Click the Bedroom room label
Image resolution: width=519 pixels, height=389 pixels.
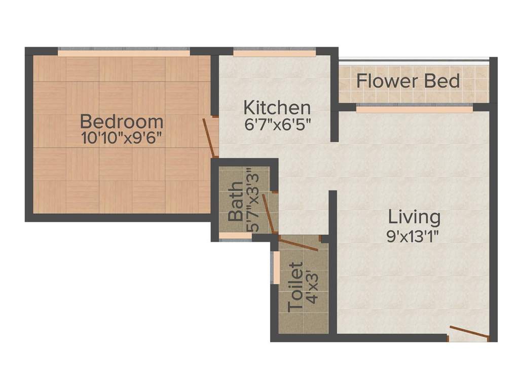tap(122, 122)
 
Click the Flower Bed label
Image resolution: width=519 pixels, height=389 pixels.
tap(408, 81)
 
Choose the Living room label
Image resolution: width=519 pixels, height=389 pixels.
tap(414, 217)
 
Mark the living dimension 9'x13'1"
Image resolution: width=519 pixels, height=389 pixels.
tap(413, 237)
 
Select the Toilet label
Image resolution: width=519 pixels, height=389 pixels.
tap(295, 287)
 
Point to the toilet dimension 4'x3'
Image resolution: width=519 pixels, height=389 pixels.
tap(312, 287)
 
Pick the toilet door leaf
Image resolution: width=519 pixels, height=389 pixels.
tap(298, 243)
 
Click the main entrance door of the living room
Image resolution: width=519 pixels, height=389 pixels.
tap(469, 332)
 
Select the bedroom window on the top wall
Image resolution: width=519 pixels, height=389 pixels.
tap(124, 52)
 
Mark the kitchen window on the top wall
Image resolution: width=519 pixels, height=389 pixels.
tap(274, 52)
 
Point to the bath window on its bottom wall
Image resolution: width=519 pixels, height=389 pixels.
tap(235, 236)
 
